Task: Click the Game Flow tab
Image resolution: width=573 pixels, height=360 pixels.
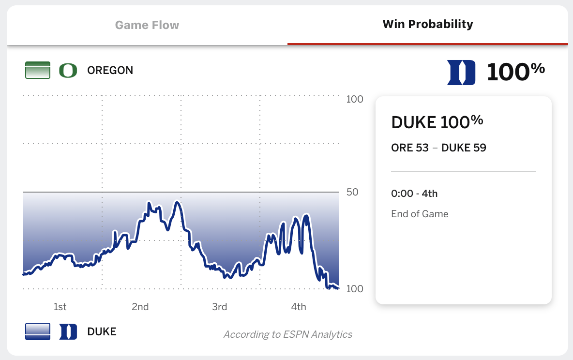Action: coord(147,25)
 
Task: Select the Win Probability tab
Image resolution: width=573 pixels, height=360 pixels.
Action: coord(428,24)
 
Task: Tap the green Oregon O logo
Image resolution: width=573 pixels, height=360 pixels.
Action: coord(68,70)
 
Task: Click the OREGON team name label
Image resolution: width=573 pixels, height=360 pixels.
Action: coord(110,70)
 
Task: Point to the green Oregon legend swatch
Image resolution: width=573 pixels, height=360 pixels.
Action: coord(38,70)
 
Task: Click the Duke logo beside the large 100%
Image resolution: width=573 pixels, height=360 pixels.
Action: coord(461,73)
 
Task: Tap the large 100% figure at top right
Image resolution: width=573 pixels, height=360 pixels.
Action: coord(515,72)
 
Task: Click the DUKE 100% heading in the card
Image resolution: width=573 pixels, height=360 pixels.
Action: coord(437,122)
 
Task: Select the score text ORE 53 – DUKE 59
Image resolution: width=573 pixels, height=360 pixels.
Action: coord(438,148)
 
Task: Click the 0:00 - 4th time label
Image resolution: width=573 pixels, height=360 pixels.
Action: coord(414,194)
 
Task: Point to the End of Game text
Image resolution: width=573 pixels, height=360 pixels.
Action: coord(420,214)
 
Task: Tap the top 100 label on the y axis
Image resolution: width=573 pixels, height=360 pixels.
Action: coord(355,100)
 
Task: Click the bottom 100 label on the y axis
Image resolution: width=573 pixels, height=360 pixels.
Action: coord(355,289)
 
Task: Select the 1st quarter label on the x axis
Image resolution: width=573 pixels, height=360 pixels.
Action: coord(60,307)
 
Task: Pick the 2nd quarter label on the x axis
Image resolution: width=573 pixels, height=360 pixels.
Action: coord(140,307)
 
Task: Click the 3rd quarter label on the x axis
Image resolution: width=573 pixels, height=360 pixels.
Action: coord(219,307)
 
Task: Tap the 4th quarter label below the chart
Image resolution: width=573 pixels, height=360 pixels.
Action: coord(299,307)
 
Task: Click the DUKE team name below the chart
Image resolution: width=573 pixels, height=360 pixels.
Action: coord(102,331)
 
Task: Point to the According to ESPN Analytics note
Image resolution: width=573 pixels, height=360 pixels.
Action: coord(287,334)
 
